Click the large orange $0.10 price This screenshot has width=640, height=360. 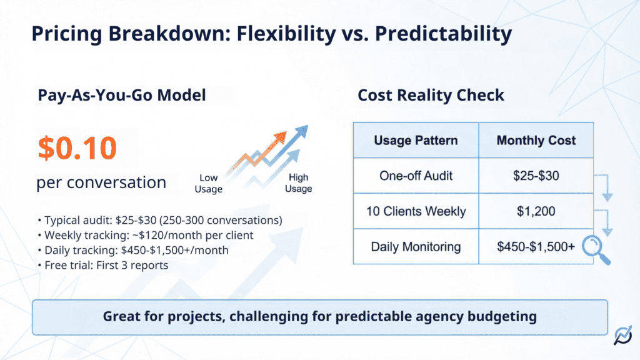point(77,147)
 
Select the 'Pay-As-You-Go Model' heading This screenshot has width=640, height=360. point(122,95)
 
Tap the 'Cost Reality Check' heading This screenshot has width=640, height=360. point(431,95)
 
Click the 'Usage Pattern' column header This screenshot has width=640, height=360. point(416,140)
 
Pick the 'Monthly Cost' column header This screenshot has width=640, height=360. point(536,140)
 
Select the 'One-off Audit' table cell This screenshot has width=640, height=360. point(416,176)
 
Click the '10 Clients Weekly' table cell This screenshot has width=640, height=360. point(416,211)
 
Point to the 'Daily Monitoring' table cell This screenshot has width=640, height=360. point(416,246)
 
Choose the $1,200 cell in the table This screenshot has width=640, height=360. point(536,211)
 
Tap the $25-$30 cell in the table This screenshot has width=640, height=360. point(536,176)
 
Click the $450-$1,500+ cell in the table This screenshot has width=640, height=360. point(536,246)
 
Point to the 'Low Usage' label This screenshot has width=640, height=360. point(209,184)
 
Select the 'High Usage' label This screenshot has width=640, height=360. point(298,184)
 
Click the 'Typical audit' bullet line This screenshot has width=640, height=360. point(159,220)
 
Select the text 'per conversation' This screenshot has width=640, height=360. point(101,182)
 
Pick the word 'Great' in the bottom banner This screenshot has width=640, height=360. point(122,316)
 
